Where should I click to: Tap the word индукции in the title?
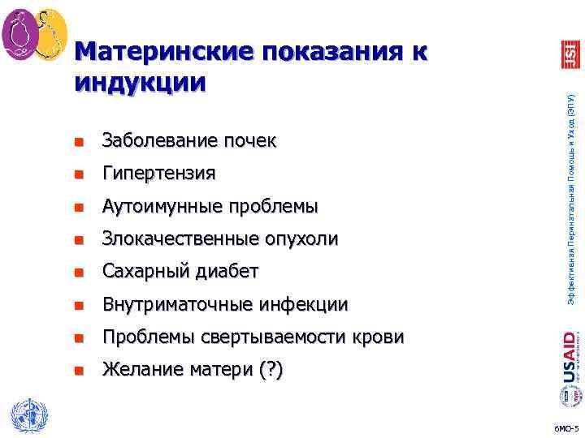coord(140,82)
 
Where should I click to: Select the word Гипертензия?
coord(158,174)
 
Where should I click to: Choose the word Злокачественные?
coord(181,239)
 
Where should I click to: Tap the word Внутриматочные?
coord(175,305)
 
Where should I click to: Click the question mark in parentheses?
coord(271,371)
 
